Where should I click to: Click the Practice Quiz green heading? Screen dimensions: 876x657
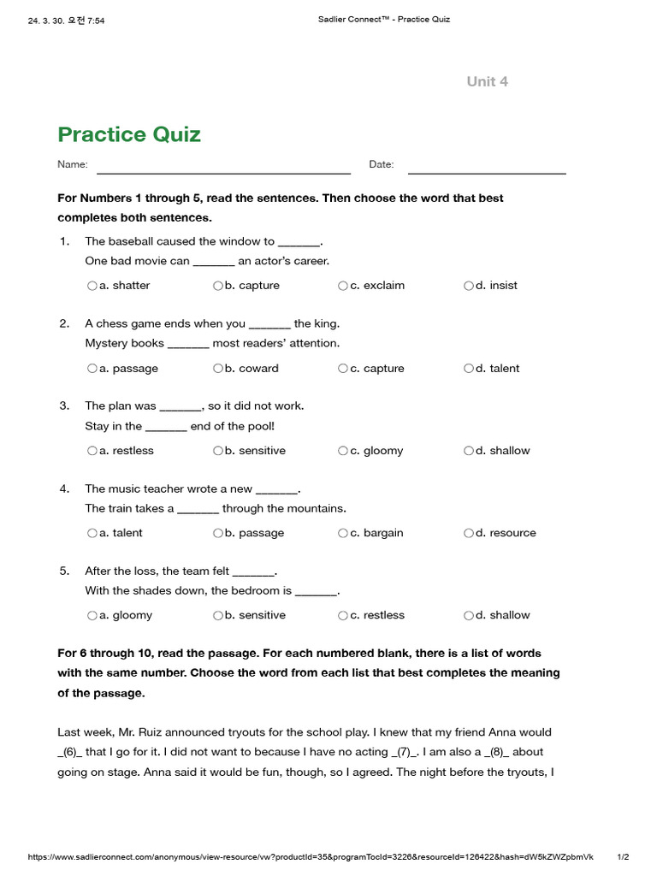(x=129, y=134)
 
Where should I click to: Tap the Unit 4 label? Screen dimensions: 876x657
(x=487, y=81)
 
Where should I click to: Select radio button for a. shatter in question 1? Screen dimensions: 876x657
(x=92, y=286)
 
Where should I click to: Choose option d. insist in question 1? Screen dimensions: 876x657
(x=469, y=286)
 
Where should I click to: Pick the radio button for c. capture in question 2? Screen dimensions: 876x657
(x=343, y=369)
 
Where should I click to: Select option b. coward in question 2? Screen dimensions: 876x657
(x=217, y=369)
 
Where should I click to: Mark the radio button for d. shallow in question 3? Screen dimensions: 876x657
(x=469, y=451)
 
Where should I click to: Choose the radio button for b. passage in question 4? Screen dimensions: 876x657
(x=217, y=533)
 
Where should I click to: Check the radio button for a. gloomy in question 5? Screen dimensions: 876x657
(x=92, y=615)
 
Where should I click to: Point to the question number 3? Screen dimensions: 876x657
(x=64, y=405)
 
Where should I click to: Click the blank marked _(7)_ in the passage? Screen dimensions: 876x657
(x=402, y=753)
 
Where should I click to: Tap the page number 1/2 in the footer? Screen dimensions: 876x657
(x=623, y=856)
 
